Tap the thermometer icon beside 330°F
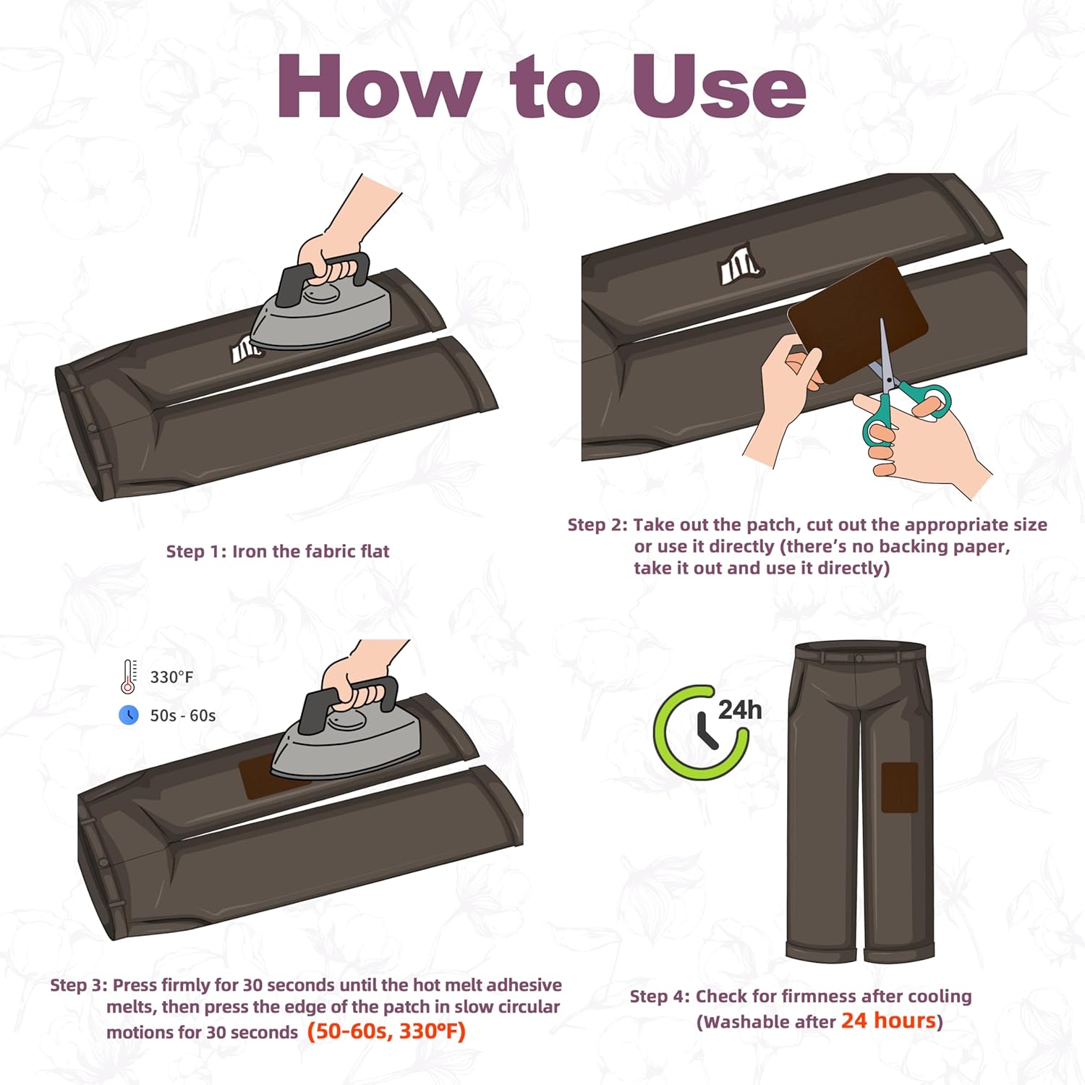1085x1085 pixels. pyautogui.click(x=129, y=677)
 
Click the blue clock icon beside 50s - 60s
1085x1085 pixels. pyautogui.click(x=129, y=715)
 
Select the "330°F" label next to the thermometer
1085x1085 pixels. pyautogui.click(x=171, y=677)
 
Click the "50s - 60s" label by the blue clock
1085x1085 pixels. pyautogui.click(x=183, y=715)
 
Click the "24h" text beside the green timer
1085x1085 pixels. pyautogui.click(x=740, y=710)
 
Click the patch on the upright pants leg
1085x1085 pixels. pyautogui.click(x=900, y=787)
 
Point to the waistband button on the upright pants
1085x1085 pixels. pyautogui.click(x=859, y=658)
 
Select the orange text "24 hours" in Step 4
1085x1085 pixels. pyautogui.click(x=888, y=1021)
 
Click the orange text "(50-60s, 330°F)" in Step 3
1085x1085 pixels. pyautogui.click(x=386, y=1031)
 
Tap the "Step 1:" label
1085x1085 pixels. pyautogui.click(x=197, y=551)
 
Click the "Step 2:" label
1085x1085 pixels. pyautogui.click(x=598, y=524)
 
